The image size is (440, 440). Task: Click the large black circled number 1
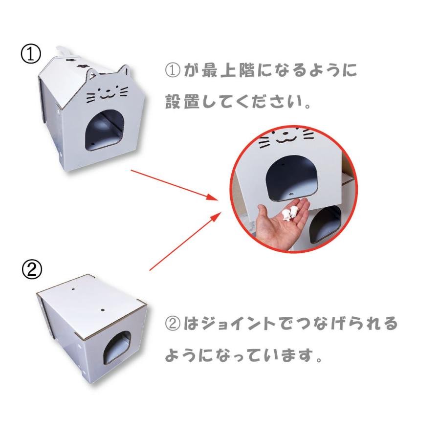point(31,53)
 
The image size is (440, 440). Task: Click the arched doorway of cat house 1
point(105,130)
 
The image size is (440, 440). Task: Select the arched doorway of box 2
point(117,348)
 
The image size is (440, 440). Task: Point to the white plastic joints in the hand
point(289,214)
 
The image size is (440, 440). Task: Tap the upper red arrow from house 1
point(175,185)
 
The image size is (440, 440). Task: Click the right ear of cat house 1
point(124,70)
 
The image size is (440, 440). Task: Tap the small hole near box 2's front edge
point(103,310)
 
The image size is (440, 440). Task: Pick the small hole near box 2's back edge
point(73,288)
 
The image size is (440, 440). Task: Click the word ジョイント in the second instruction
point(240,323)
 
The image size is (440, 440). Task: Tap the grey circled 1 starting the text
point(173,70)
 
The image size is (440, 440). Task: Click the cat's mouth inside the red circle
point(286,139)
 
